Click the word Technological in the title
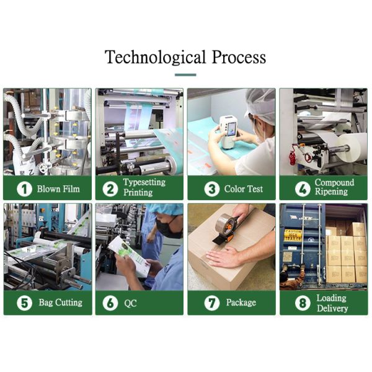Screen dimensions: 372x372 coord(155,57)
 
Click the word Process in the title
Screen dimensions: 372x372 coord(239,57)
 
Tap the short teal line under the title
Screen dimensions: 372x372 coord(185,75)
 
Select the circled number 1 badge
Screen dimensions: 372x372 coord(24,189)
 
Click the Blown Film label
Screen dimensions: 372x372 coord(58,189)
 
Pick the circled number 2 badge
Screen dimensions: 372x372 coord(110,189)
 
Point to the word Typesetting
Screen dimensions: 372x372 coord(144,182)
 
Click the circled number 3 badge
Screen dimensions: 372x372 coord(212,189)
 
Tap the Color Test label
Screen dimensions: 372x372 coord(244,189)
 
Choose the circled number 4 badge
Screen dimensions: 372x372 coord(303,189)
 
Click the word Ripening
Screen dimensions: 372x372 coord(331,192)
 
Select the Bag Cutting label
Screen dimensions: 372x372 coord(61,303)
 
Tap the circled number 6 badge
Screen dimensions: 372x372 coord(110,303)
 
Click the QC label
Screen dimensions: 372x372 coord(130,303)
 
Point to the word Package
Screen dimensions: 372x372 coord(241,303)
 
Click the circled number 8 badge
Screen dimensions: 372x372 coord(303,303)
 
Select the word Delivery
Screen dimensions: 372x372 coord(332,308)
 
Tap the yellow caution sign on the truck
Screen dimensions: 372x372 coord(293,235)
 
